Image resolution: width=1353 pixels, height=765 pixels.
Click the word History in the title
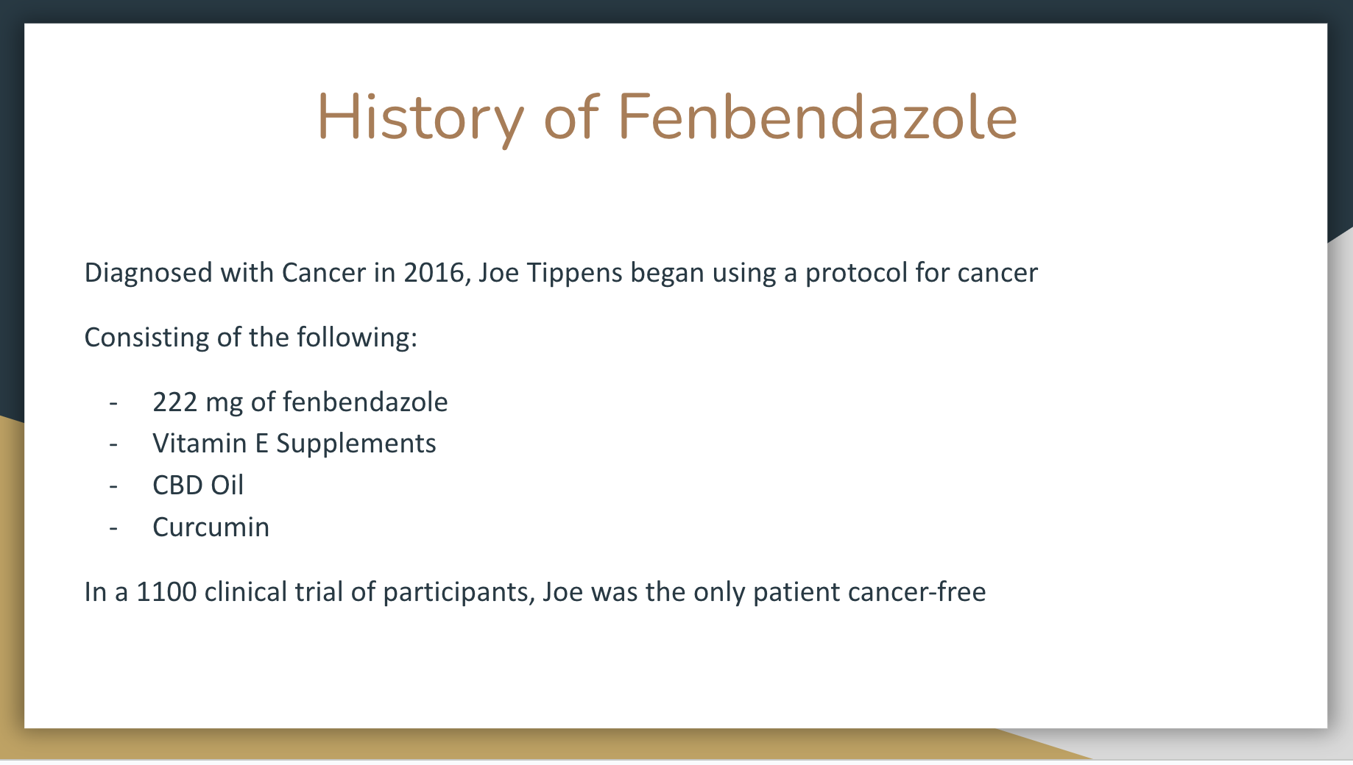click(x=420, y=118)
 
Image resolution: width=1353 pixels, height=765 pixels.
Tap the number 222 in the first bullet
click(x=175, y=402)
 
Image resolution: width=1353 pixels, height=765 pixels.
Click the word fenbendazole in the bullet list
click(x=365, y=402)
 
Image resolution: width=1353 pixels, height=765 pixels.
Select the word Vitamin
click(x=199, y=444)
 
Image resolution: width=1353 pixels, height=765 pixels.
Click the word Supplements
click(x=356, y=444)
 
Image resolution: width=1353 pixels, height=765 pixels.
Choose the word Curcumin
click(x=211, y=527)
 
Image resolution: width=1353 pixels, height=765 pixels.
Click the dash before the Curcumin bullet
click(x=113, y=528)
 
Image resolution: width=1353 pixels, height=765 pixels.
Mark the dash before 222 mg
click(x=113, y=403)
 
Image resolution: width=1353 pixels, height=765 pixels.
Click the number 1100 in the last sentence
click(x=167, y=592)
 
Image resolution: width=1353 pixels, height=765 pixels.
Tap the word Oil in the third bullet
click(x=227, y=485)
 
